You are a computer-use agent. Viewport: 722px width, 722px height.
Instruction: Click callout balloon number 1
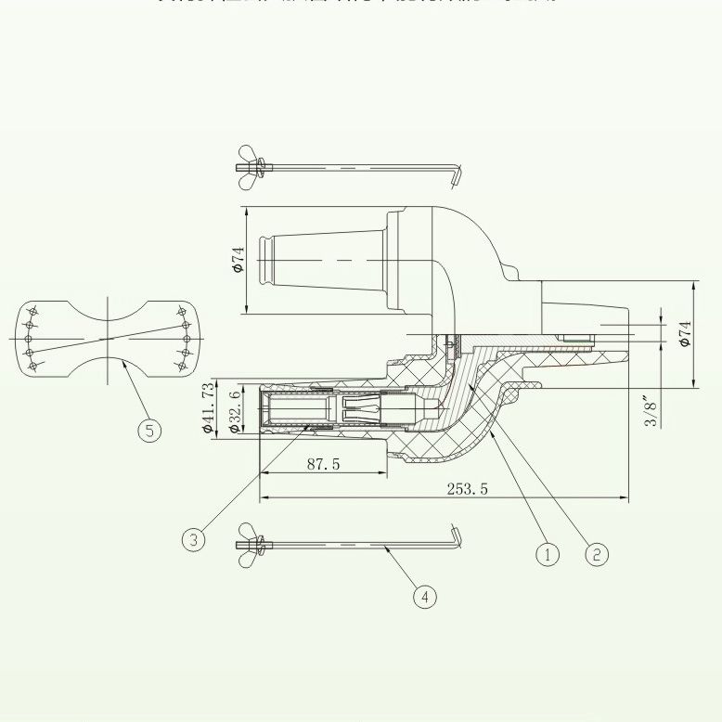pyautogui.click(x=548, y=554)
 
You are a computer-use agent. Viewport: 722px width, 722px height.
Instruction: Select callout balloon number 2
pyautogui.click(x=597, y=554)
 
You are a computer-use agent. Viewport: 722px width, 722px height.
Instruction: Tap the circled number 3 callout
pyautogui.click(x=192, y=540)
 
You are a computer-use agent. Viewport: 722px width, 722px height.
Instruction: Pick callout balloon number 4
pyautogui.click(x=424, y=597)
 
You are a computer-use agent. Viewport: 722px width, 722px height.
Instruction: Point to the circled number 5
pyautogui.click(x=148, y=430)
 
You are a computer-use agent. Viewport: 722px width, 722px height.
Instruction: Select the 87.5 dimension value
pyautogui.click(x=323, y=463)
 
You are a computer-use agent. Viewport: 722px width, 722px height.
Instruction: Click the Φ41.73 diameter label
pyautogui.click(x=207, y=407)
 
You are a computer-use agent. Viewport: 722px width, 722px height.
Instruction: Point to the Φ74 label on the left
pyautogui.click(x=238, y=260)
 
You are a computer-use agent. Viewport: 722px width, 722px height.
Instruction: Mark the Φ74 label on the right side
pyautogui.click(x=685, y=333)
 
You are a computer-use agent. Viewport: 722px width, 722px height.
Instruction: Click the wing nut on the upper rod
pyautogui.click(x=249, y=160)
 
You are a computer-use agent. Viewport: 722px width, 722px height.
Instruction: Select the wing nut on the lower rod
pyautogui.click(x=249, y=545)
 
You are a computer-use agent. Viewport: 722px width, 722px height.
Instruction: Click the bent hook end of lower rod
pyautogui.click(x=455, y=535)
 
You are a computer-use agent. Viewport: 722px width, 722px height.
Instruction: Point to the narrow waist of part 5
pyautogui.click(x=110, y=335)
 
